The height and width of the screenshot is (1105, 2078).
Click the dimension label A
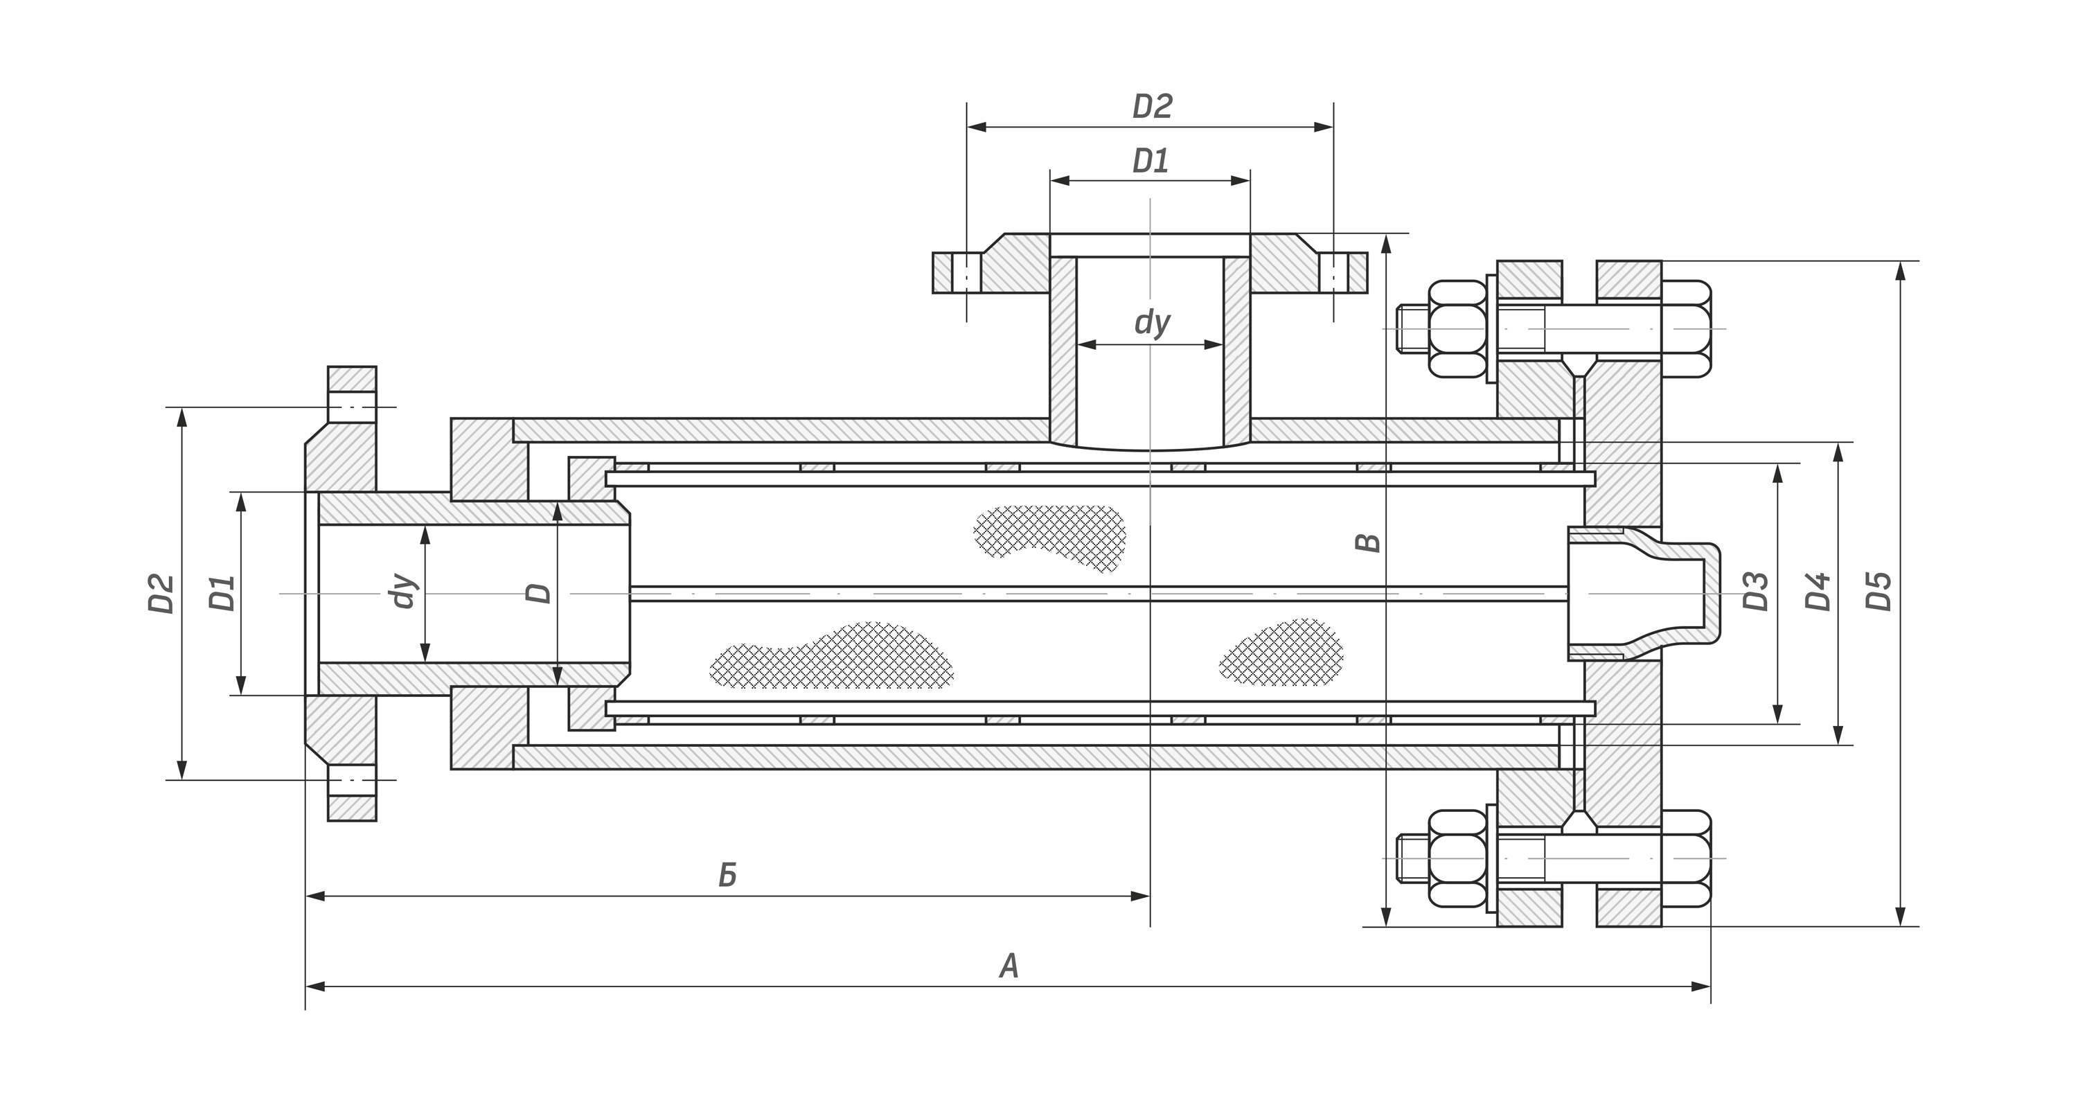[1009, 966]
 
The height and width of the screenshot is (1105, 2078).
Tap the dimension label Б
[727, 875]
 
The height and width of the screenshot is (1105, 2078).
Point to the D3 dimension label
[1756, 591]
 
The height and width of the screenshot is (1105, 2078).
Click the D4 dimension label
[1818, 591]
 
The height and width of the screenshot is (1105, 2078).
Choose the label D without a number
[539, 593]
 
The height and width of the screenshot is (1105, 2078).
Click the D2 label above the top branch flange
[1152, 107]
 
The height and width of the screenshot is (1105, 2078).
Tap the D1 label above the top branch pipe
[1151, 161]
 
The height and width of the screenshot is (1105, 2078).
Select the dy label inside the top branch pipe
[1152, 322]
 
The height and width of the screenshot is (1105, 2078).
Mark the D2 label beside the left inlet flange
[162, 593]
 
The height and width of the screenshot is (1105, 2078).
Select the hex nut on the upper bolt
[1457, 328]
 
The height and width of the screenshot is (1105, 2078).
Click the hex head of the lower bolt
[1686, 858]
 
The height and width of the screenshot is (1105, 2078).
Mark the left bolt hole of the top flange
[966, 273]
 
